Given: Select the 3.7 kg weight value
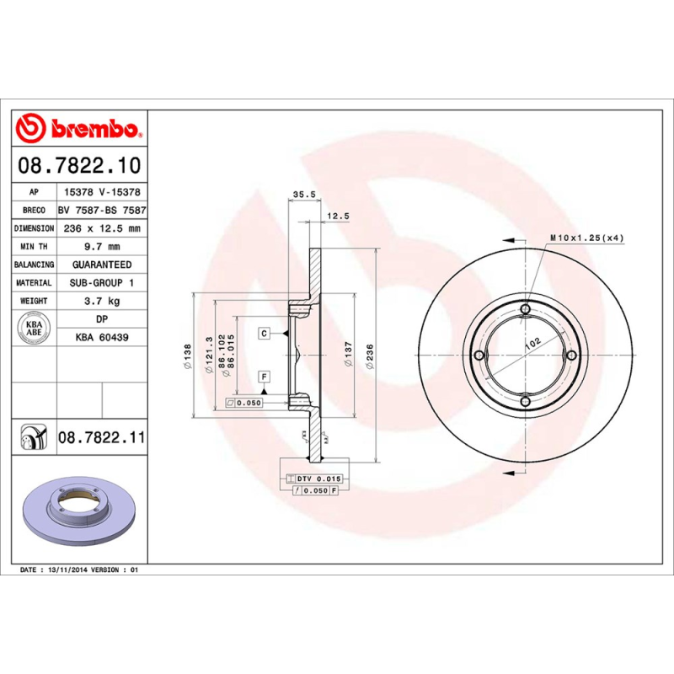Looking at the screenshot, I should coord(102,301).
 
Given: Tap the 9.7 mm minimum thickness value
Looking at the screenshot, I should coord(102,247).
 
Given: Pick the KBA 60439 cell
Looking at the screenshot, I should coord(102,337).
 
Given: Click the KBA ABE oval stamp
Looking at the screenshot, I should coord(34,328).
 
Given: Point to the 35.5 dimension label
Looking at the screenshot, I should coord(303,195).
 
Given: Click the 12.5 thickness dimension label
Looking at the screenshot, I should coord(337,217).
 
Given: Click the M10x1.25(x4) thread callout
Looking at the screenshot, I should coord(586,238).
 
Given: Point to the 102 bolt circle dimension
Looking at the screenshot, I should coord(532,344).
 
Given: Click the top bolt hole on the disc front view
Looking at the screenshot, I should coord(526,310).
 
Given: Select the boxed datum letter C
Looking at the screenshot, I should coord(264,334).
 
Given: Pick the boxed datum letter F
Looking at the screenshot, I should coord(264,377).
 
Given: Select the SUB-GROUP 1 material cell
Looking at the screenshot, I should coord(102,283).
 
